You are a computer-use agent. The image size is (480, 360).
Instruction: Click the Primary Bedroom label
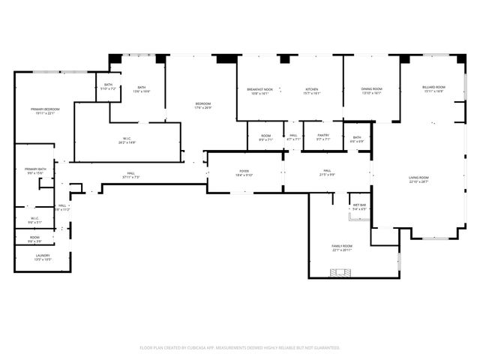pos(44,110)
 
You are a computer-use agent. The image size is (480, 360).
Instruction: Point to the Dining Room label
pos(372,91)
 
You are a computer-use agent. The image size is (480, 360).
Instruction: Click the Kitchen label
pos(312,91)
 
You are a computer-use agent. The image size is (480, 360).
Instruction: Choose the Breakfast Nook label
pos(259,91)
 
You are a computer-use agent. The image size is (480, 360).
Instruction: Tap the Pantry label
pos(322,136)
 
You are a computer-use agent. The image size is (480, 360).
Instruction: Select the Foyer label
pos(245,172)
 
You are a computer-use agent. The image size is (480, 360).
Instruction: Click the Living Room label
pos(418,180)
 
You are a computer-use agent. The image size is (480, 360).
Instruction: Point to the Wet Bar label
pos(358,206)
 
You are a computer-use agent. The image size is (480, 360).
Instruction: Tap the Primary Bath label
pos(35,170)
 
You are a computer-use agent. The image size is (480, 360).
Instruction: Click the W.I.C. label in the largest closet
pos(127,140)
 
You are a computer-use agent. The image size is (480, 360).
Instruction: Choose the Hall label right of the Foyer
pos(327,172)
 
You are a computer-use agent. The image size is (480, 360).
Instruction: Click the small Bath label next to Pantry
pos(357,139)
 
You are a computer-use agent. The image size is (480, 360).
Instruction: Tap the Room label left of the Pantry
pos(265,137)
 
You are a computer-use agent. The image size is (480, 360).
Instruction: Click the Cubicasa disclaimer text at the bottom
pos(240,347)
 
